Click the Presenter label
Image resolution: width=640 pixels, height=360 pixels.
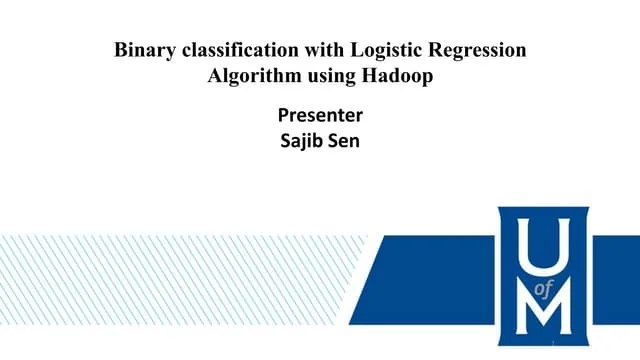[319, 116]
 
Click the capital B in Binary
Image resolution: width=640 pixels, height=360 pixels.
[120, 49]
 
